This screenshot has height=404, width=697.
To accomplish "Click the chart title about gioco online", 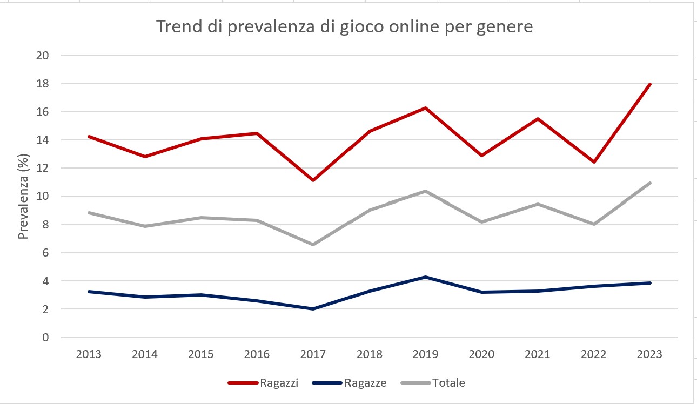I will click(x=344, y=26).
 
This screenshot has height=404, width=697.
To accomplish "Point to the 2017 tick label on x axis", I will click(x=313, y=354).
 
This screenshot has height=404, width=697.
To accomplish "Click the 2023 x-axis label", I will click(x=650, y=354).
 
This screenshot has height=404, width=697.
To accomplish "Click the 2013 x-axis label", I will click(x=89, y=354).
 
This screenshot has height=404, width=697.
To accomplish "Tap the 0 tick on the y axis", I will click(x=46, y=338).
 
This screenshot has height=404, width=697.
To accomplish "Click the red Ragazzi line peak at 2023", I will click(x=650, y=84).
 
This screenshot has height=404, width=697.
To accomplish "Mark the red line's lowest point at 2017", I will click(x=313, y=180).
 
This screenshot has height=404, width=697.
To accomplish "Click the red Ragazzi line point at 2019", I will click(x=426, y=108).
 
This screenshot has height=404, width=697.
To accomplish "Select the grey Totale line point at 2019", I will click(x=426, y=191).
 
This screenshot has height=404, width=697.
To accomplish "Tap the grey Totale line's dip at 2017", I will click(x=313, y=244).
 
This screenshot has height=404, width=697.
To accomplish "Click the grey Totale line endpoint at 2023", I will click(x=650, y=183).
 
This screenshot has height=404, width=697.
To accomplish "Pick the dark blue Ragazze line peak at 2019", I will click(x=426, y=277).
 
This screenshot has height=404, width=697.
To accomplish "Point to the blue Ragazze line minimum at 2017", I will click(x=313, y=309).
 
